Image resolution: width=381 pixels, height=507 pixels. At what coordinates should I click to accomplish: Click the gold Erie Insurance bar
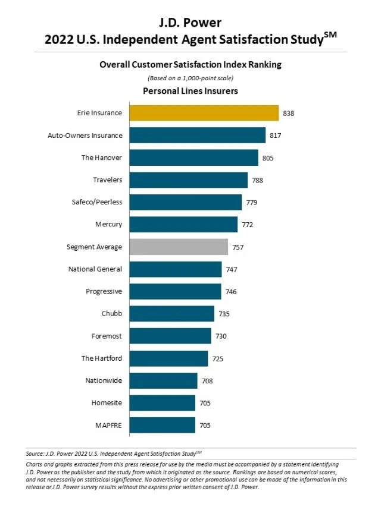pyautogui.click(x=204, y=113)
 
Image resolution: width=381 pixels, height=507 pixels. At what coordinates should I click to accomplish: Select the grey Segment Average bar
pyautogui.click(x=179, y=247)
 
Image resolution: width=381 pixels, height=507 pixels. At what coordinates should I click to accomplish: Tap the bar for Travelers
pyautogui.click(x=188, y=180)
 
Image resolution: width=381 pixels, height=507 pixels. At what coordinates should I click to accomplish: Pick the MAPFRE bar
pyautogui.click(x=162, y=425)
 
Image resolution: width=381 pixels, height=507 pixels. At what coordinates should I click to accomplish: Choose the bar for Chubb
pyautogui.click(x=171, y=314)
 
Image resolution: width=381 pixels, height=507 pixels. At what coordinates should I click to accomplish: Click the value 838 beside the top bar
pyautogui.click(x=289, y=113)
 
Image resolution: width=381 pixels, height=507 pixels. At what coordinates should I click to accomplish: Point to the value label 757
pyautogui.click(x=238, y=247)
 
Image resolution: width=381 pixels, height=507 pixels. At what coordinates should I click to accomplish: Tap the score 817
pyautogui.click(x=275, y=136)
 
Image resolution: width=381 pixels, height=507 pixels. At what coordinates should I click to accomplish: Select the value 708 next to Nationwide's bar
pyautogui.click(x=207, y=381)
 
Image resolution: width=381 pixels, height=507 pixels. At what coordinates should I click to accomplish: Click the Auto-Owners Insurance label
pyautogui.click(x=85, y=136)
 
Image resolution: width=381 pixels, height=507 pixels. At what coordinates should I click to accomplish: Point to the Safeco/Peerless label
pyautogui.click(x=96, y=202)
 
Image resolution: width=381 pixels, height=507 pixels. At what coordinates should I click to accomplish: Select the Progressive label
pyautogui.click(x=104, y=291)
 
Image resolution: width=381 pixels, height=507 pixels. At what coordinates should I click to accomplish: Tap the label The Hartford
pyautogui.click(x=102, y=358)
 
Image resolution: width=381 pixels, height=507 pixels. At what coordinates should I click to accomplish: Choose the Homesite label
pyautogui.click(x=107, y=403)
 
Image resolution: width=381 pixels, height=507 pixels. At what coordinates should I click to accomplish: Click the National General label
pyautogui.click(x=95, y=269)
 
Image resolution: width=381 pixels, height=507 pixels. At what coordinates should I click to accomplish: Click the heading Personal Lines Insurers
pyautogui.click(x=190, y=91)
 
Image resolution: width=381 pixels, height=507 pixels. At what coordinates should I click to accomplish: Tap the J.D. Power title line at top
pyautogui.click(x=190, y=23)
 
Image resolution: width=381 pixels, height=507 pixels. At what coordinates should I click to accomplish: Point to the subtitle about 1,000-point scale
pyautogui.click(x=190, y=78)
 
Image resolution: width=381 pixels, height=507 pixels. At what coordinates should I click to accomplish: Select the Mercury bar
pyautogui.click(x=183, y=225)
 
